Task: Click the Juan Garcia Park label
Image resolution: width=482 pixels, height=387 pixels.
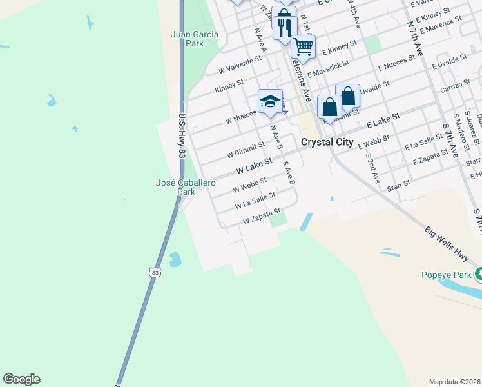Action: click(186, 39)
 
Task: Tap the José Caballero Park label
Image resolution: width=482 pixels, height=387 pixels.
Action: click(176, 187)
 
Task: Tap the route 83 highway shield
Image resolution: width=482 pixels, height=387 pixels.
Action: click(153, 273)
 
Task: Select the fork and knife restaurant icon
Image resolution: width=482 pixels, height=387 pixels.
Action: click(282, 26)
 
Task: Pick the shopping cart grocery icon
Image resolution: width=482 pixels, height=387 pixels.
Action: click(302, 46)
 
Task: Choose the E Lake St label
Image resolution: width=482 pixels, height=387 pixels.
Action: click(383, 120)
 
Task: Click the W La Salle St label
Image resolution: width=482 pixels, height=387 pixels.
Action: click(255, 200)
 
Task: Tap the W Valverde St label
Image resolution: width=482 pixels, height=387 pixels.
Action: click(240, 64)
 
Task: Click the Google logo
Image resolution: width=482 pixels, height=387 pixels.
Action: click(21, 379)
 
